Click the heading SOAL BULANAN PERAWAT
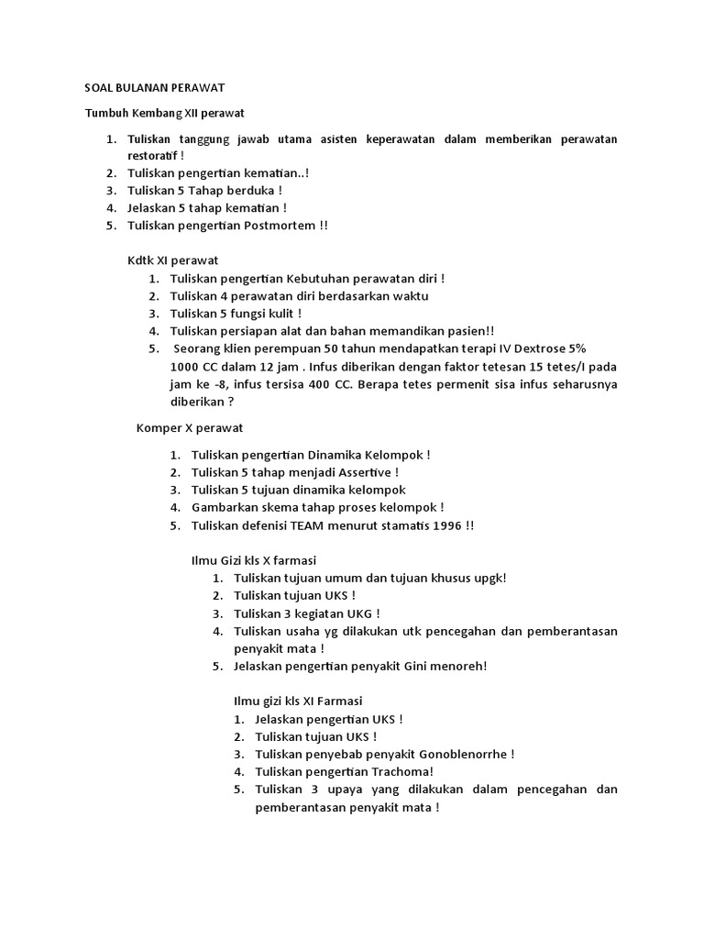(x=155, y=87)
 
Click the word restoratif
(x=153, y=155)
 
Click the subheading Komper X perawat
(x=189, y=428)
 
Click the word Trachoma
(x=401, y=771)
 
